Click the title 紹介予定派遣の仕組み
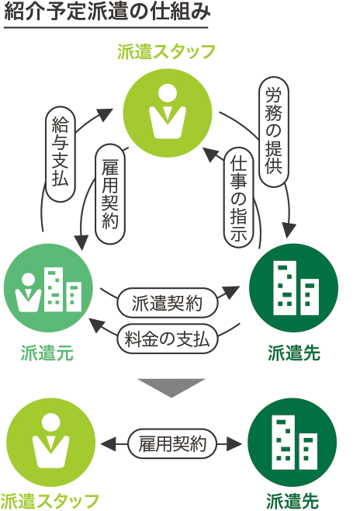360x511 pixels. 107,12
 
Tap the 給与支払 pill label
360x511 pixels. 61,154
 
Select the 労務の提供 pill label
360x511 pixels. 274,132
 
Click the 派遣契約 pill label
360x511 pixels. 168,303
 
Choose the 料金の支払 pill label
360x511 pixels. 168,339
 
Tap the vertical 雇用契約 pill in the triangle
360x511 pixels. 110,194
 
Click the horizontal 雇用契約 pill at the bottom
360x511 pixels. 172,444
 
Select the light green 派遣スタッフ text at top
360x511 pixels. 166,52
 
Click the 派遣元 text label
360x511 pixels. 47,353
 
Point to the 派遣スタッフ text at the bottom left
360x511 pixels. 50,501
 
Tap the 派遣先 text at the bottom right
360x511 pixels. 292,501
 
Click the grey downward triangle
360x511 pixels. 171,386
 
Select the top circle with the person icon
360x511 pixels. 168,113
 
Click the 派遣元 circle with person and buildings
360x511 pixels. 49,288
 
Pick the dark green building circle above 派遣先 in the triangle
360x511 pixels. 293,288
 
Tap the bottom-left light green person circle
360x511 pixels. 51,443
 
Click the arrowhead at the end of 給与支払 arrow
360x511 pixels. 105,114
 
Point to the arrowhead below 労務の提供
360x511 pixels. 289,231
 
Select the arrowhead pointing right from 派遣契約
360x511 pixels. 231,291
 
